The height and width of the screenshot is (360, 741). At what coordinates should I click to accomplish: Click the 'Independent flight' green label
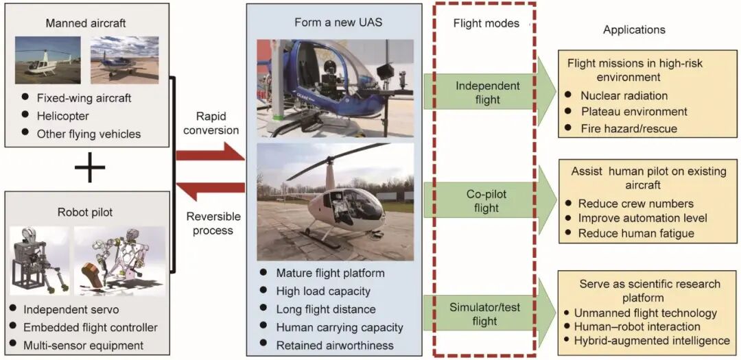point(488,93)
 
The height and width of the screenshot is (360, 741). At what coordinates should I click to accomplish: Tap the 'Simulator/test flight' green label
point(484,313)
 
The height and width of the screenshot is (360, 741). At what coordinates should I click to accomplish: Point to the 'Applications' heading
point(634,29)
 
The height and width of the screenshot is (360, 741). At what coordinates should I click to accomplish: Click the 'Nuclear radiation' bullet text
point(624,96)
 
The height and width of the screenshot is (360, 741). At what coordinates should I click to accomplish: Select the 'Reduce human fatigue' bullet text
point(636,233)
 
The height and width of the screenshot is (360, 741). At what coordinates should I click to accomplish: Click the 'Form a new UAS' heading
point(338,23)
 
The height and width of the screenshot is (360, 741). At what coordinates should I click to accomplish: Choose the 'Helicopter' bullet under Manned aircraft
point(63,116)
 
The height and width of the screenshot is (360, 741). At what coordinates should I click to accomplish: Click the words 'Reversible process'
point(213,223)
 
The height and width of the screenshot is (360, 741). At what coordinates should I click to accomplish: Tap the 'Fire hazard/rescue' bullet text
point(628,128)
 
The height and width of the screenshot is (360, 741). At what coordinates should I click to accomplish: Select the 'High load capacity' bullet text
point(323,291)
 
